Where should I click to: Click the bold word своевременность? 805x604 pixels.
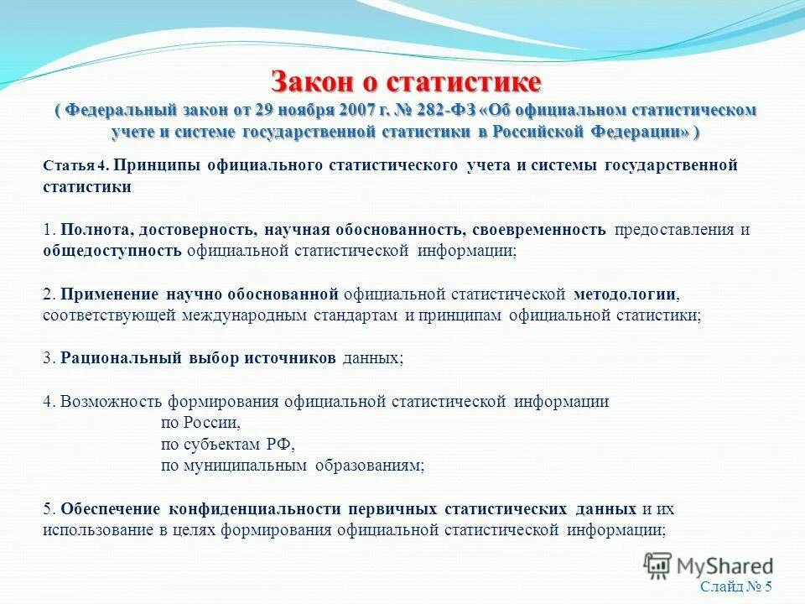pyautogui.click(x=538, y=230)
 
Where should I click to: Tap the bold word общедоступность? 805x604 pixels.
pyautogui.click(x=112, y=251)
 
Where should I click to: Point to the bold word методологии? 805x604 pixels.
pyautogui.click(x=626, y=294)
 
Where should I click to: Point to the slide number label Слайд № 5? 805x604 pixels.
pyautogui.click(x=735, y=587)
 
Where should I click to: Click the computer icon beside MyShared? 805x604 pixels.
pyautogui.click(x=658, y=565)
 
